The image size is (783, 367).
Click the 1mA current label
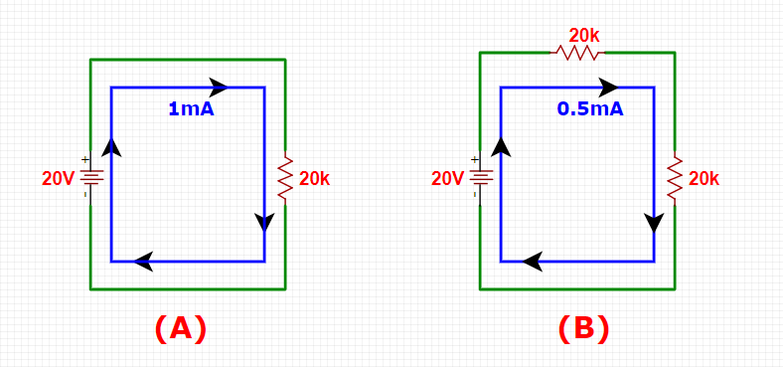pyautogui.click(x=191, y=109)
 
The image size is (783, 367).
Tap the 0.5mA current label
pyautogui.click(x=590, y=109)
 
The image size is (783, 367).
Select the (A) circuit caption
pyautogui.click(x=180, y=329)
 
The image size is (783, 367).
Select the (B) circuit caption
pyautogui.click(x=583, y=329)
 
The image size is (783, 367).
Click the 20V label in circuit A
pyautogui.click(x=58, y=179)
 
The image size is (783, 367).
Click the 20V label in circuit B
pyautogui.click(x=447, y=179)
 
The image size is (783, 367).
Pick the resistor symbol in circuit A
pyautogui.click(x=285, y=178)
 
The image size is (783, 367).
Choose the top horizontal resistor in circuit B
pyautogui.click(x=577, y=52)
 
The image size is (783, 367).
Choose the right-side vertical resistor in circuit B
pyautogui.click(x=675, y=178)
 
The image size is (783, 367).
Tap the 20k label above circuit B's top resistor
pyautogui.click(x=584, y=36)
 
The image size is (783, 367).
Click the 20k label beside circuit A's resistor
pyautogui.click(x=315, y=179)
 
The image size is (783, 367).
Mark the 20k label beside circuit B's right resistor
pyautogui.click(x=705, y=179)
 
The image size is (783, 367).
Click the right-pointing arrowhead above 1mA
pyautogui.click(x=219, y=87)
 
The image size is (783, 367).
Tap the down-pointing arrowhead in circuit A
pyautogui.click(x=264, y=223)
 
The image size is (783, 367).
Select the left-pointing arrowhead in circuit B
pyautogui.click(x=533, y=262)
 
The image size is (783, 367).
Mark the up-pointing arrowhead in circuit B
pyautogui.click(x=501, y=147)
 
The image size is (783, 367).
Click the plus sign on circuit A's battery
pyautogui.click(x=84, y=160)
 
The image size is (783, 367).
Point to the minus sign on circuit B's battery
pyautogui.click(x=474, y=194)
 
